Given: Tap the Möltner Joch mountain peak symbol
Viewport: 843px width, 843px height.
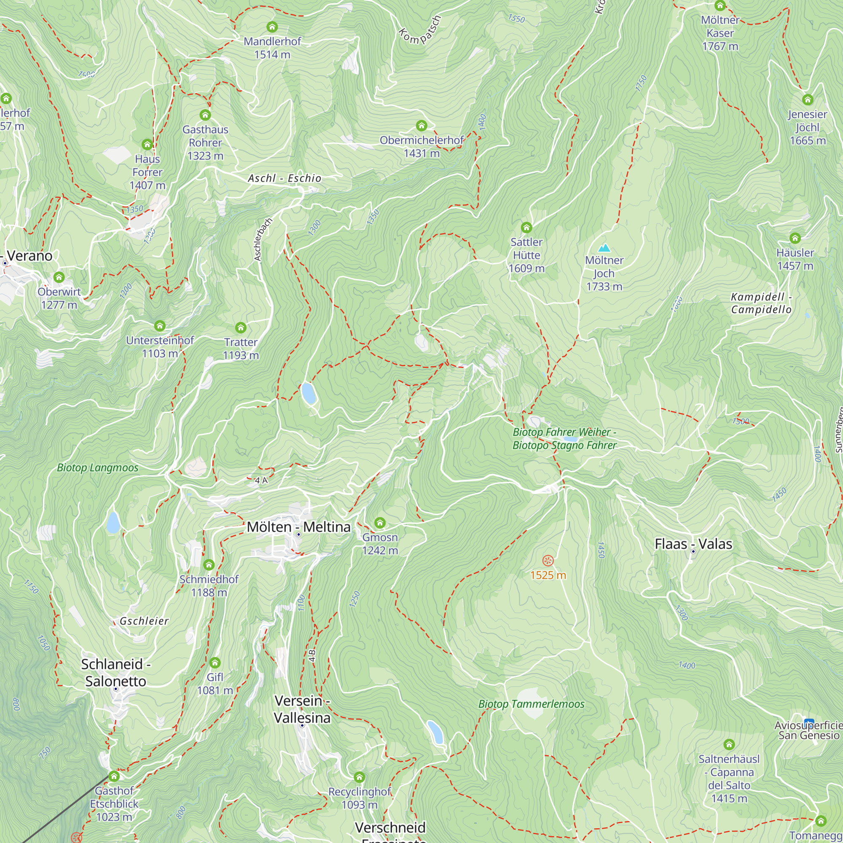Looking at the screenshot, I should point(604,248).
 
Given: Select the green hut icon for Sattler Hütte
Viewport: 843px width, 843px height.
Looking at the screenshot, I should point(526,227).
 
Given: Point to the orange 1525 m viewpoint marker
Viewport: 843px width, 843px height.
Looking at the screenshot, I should point(548,561).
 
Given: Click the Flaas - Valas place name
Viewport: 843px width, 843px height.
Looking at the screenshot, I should point(693,544).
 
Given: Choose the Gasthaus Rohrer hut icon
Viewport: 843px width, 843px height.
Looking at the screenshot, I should point(205,115).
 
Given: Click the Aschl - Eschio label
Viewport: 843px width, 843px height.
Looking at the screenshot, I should point(285,178).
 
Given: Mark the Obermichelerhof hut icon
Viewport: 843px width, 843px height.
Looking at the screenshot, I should point(421,126).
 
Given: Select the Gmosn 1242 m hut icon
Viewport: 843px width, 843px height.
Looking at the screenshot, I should point(380,523).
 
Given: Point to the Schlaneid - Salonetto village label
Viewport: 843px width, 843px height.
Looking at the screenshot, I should point(115,672).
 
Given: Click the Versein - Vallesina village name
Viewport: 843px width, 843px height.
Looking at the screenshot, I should point(302,709).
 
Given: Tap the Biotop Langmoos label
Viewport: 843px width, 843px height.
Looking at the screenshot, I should point(98,468).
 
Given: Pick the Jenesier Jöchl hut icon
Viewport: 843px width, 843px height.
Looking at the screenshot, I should point(807,99).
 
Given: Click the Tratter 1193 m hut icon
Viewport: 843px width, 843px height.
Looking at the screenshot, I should point(240,328).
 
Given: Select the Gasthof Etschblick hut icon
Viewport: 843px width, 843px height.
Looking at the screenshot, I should point(114,776).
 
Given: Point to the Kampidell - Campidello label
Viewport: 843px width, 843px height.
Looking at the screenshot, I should point(761,303).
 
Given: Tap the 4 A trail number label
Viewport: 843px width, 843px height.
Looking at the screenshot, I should point(261,481).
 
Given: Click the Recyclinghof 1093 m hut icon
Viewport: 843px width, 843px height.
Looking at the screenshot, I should point(359,777).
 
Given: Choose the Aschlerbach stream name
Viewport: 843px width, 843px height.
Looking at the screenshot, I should point(263,239).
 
